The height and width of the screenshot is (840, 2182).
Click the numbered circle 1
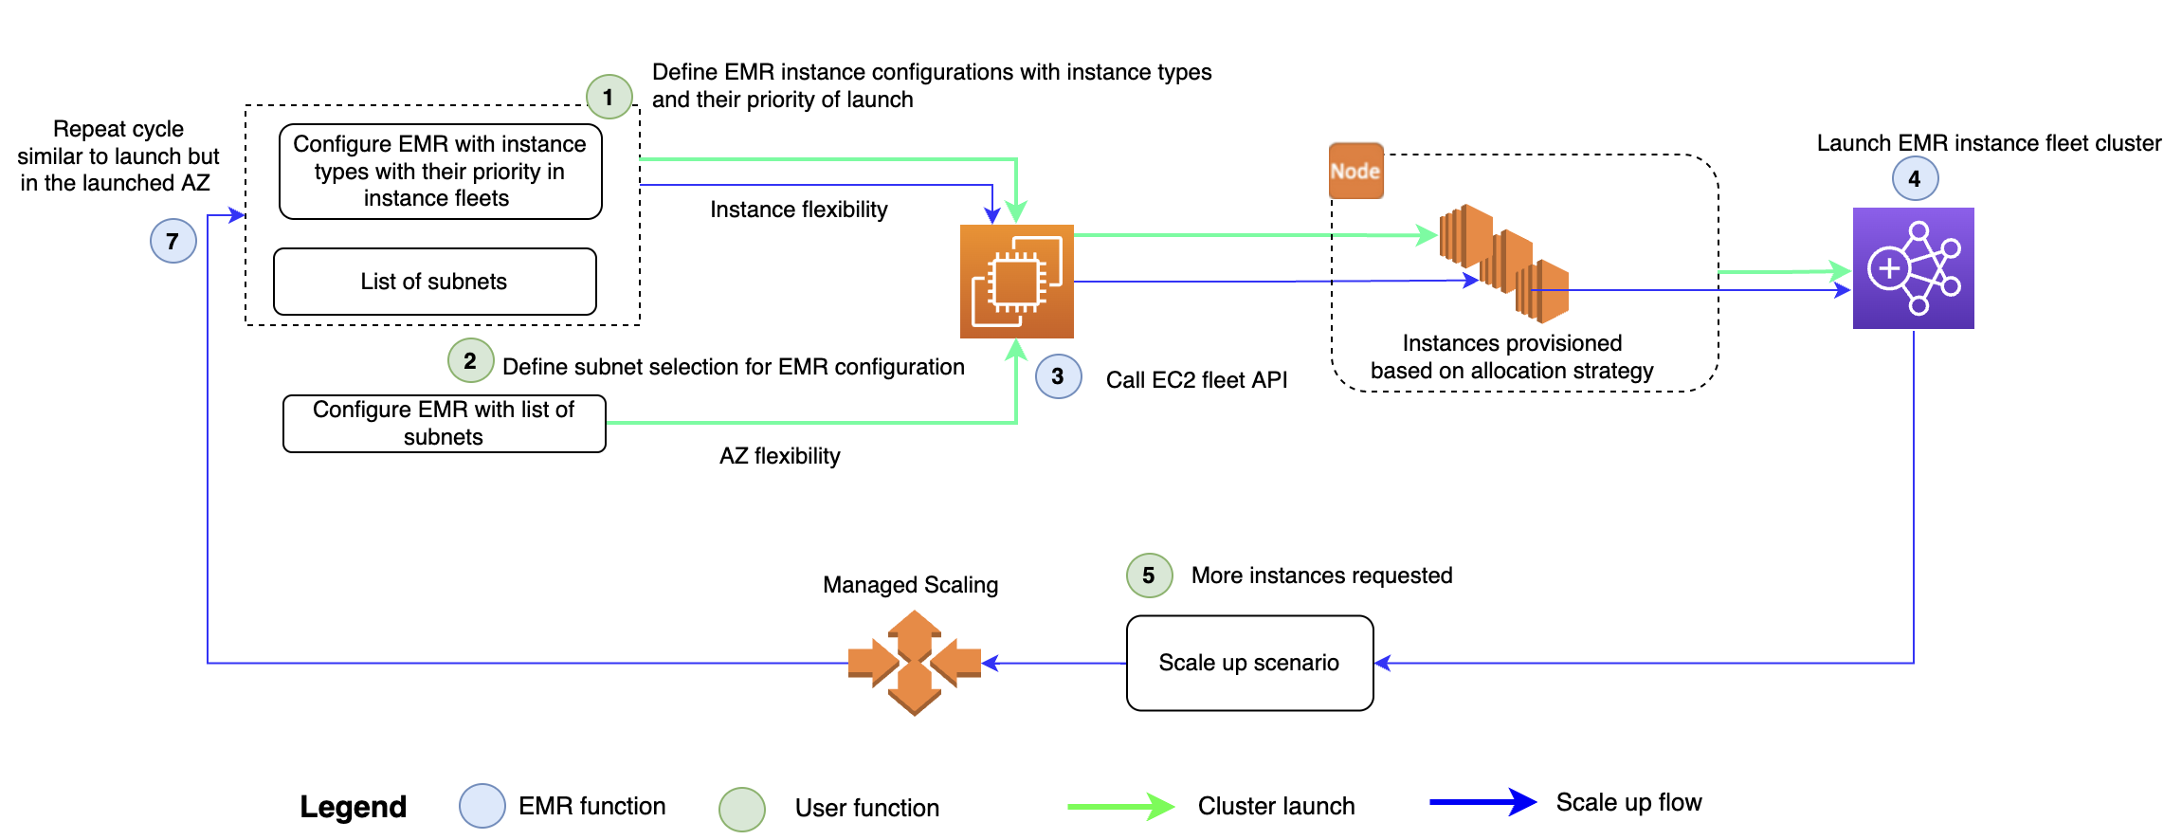609,97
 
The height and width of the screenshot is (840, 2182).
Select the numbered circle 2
470,360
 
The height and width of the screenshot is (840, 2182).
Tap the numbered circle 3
1058,376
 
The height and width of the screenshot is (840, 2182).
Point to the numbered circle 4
1915,178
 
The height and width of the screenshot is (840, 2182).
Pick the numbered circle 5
1149,575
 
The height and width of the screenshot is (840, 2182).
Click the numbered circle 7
173,241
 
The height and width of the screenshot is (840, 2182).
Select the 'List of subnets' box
434,282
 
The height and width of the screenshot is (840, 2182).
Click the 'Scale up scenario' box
1249,663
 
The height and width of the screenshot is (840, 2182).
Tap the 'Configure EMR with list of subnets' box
444,423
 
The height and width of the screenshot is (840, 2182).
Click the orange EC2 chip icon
1016,282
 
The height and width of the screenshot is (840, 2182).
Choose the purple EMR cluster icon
1913,268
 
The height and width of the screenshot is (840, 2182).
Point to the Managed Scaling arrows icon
914,663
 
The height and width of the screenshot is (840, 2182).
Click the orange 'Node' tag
1355,171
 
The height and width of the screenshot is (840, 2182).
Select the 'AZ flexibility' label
779,456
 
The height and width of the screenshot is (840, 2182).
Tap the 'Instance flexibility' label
798,210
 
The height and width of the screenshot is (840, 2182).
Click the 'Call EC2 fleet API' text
1196,380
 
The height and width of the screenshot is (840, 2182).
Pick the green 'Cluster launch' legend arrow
1120,807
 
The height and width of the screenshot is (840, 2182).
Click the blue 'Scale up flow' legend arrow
1482,802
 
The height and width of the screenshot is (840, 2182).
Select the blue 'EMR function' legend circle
482,806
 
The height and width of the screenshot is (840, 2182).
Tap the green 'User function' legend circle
741,809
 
